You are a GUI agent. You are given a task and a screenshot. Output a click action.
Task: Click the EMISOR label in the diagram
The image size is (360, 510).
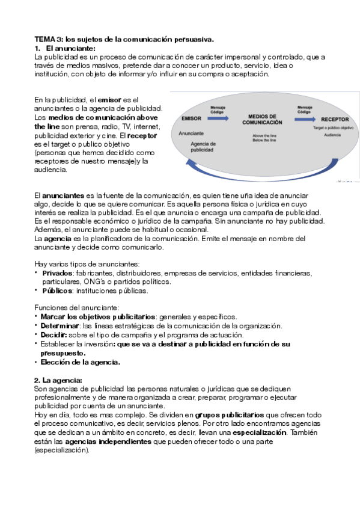[191, 119]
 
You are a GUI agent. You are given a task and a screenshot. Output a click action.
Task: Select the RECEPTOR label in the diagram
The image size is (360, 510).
[330, 119]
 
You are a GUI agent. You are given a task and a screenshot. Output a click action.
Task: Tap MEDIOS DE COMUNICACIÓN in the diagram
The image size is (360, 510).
[262, 118]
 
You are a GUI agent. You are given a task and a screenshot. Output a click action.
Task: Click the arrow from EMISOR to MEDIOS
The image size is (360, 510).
[217, 119]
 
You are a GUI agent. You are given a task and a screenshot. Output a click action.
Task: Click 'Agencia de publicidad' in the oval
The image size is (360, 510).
[202, 147]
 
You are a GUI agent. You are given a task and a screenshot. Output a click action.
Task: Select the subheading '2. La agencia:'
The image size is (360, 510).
[58, 381]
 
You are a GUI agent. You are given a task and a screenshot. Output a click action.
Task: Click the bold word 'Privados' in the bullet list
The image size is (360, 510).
[56, 273]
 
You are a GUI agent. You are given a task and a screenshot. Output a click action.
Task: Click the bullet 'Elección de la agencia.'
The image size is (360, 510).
[80, 362]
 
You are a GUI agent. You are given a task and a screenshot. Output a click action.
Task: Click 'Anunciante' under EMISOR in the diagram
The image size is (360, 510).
[191, 133]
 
